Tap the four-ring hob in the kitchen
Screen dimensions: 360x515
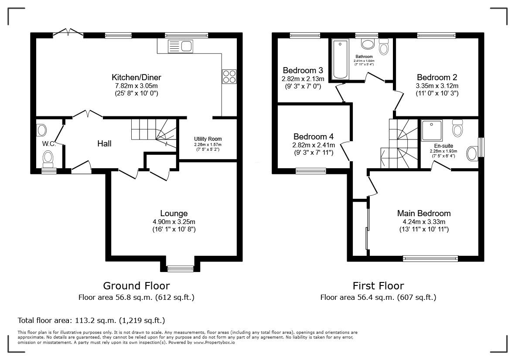coord(229,76)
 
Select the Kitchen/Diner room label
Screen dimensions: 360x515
coord(136,78)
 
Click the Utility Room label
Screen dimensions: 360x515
coord(208,139)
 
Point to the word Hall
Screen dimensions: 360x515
coord(104,143)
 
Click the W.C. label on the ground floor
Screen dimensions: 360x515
coord(48,143)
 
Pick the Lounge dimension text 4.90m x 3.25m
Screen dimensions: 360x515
coord(174,221)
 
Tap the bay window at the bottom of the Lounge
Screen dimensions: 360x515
coord(181,268)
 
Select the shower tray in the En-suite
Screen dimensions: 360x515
coord(432,130)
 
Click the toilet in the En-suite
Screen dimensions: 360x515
coord(457,128)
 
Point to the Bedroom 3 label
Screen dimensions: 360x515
coord(303,71)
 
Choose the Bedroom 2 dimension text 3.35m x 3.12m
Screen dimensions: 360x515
coord(437,86)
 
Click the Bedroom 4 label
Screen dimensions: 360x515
coord(314,136)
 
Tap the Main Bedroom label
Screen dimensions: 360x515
coord(423,214)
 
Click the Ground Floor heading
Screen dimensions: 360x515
coord(136,286)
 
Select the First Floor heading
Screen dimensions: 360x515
coord(378,286)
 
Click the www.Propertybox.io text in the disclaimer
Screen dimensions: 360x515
coord(214,343)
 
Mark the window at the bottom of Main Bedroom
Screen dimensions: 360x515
coord(430,258)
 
